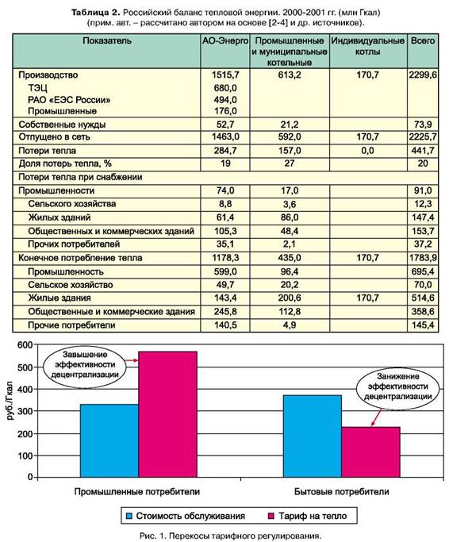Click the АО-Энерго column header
[x=225, y=40]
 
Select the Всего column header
[x=423, y=40]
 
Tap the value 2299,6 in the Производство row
[x=423, y=75]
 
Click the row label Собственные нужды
[x=62, y=125]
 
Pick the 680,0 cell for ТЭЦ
[x=225, y=88]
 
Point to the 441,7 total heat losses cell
[x=423, y=151]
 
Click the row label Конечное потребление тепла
[x=80, y=258]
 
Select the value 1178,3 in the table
[x=225, y=258]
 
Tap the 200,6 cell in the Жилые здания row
[x=290, y=298]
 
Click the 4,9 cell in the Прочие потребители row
[x=290, y=325]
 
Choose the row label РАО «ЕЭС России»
[x=69, y=100]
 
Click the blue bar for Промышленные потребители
[x=109, y=440]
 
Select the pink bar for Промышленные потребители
[x=167, y=414]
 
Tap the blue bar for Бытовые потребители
[x=313, y=436]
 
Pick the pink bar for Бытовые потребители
[x=370, y=452]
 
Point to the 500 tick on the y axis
[x=25, y=367]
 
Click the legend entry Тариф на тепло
[x=308, y=516]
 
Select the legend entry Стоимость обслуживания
[x=186, y=516]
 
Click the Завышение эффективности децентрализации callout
[x=85, y=365]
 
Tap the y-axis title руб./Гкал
[x=10, y=401]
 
